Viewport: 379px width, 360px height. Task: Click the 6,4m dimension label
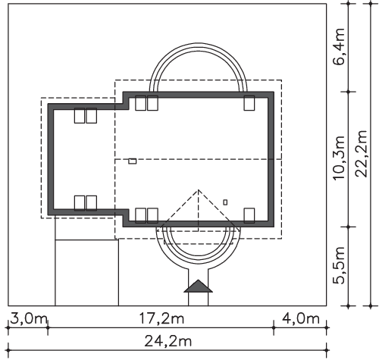coord(339,47)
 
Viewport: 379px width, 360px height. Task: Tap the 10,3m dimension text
coord(339,158)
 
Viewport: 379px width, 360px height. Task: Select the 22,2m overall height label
coord(361,154)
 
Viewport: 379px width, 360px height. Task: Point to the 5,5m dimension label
coord(339,265)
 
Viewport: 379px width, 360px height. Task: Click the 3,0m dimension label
coord(28,319)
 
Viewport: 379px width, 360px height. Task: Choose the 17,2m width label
coord(161,319)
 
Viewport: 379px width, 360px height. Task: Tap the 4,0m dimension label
coord(301,319)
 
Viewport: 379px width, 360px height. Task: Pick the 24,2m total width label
coord(168,342)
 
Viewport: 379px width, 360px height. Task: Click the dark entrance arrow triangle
coord(199,286)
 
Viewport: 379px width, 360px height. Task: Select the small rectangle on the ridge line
coord(133,161)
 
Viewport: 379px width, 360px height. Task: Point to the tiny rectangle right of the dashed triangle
coord(225,202)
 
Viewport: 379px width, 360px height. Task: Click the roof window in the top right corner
coord(249,103)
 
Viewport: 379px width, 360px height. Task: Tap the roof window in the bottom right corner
coord(249,215)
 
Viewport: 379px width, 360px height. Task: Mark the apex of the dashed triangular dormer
coord(199,189)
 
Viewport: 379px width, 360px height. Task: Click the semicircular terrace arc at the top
coord(199,43)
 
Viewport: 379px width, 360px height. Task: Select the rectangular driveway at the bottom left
coord(86,273)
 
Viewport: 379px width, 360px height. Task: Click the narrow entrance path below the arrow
coord(199,299)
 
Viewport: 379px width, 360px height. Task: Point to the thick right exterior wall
coord(271,160)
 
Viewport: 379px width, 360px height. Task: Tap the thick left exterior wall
coord(51,160)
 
